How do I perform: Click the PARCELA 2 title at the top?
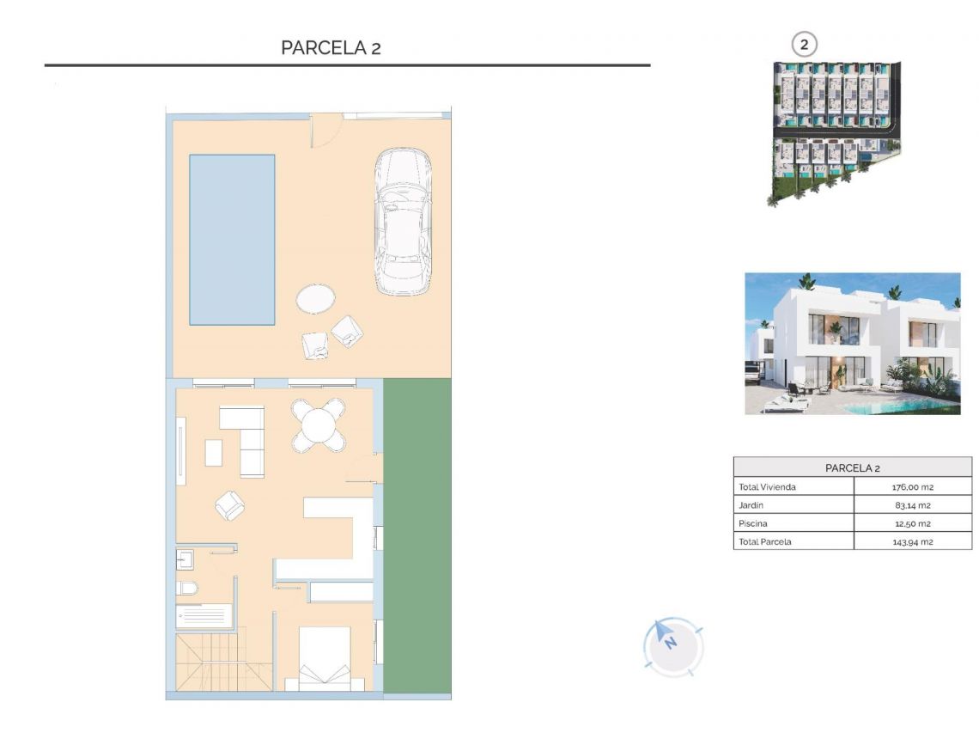(331, 48)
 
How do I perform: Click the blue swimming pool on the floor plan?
(232, 240)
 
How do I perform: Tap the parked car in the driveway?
(403, 223)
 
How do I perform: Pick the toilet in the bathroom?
(187, 589)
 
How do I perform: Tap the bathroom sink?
(185, 560)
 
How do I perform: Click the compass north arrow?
(666, 635)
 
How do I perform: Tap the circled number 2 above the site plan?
(805, 44)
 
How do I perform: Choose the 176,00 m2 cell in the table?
(912, 487)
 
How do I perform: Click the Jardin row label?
(751, 505)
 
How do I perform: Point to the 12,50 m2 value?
(912, 523)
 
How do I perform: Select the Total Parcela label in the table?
(765, 541)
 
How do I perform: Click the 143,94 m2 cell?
(912, 541)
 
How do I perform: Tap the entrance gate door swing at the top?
(325, 131)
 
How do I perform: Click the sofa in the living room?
(243, 441)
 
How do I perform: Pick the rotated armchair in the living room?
(230, 505)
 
